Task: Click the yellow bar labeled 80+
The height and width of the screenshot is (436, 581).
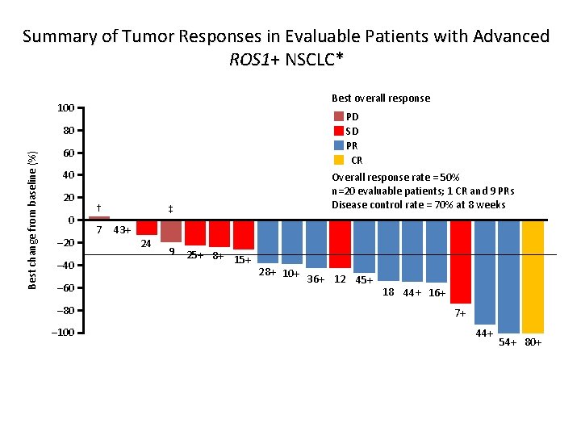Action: coord(533,277)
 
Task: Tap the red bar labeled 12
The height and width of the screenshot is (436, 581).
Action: coord(340,244)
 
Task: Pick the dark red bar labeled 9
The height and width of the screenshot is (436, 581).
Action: coord(171,231)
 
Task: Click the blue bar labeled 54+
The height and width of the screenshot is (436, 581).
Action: coord(508,277)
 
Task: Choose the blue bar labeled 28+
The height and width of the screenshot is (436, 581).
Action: coord(268,241)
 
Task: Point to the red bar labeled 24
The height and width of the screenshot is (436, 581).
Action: coord(147,228)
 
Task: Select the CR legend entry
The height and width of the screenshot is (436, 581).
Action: coord(356,160)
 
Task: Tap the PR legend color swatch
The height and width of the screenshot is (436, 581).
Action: coord(339,145)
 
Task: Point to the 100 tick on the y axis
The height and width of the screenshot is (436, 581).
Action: coord(66,108)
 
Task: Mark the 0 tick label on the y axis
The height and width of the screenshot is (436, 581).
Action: coord(71,220)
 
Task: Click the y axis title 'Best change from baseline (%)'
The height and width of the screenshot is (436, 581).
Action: coord(32,220)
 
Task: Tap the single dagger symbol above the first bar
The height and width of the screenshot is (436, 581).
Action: coord(98,207)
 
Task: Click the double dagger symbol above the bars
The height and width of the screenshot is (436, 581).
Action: coord(170,210)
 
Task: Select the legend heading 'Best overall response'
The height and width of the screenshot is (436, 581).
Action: coord(381,98)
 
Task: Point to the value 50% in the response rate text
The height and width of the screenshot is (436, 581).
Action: coord(449,177)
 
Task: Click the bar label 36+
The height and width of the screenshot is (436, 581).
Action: coord(316,279)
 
